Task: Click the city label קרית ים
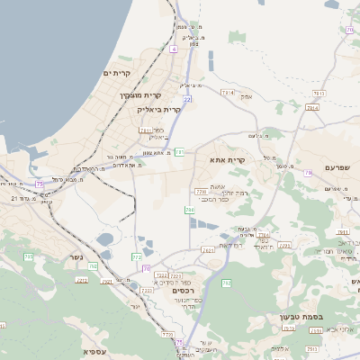click(x=118, y=73)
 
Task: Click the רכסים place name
click(x=182, y=290)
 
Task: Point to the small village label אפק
click(x=247, y=96)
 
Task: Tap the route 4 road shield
click(x=173, y=49)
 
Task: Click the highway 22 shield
click(x=187, y=99)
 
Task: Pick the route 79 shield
click(x=308, y=170)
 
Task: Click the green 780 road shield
click(x=190, y=210)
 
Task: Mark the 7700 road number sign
click(x=201, y=192)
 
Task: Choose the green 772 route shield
click(x=137, y=257)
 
